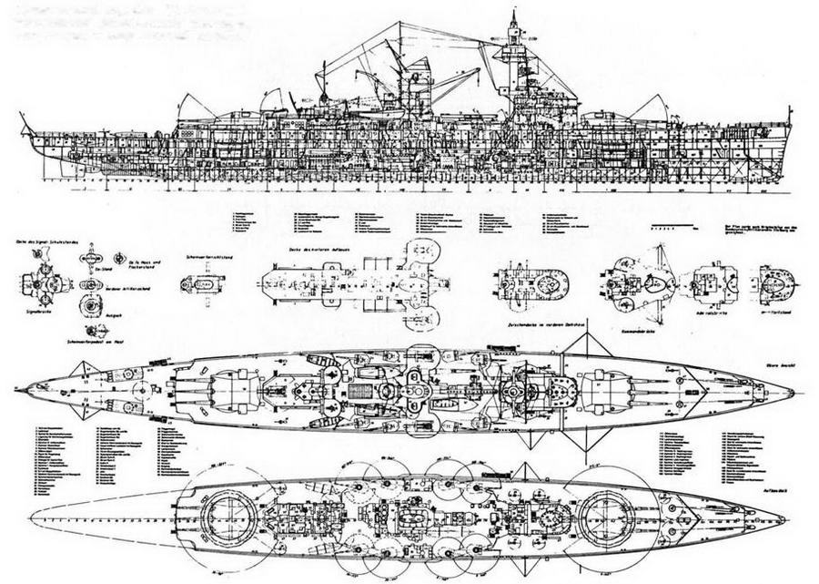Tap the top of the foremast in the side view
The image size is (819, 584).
[513, 13]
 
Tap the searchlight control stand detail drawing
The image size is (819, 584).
[200, 284]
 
